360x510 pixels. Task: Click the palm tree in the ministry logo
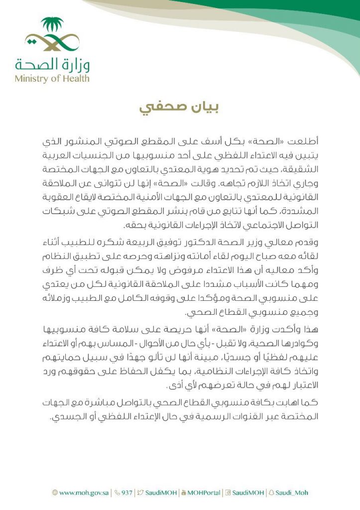(x=52, y=25)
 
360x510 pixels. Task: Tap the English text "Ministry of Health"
(x=52, y=78)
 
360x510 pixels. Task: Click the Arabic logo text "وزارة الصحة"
(x=52, y=65)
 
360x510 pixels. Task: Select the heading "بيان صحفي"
(x=180, y=108)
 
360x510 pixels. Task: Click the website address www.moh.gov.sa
(x=84, y=493)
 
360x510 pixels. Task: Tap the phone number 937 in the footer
(x=127, y=493)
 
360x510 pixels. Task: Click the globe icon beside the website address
(x=55, y=493)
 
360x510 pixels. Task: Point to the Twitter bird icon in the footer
(x=141, y=493)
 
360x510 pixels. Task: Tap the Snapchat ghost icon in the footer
(x=271, y=493)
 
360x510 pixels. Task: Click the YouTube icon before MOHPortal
(x=184, y=493)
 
